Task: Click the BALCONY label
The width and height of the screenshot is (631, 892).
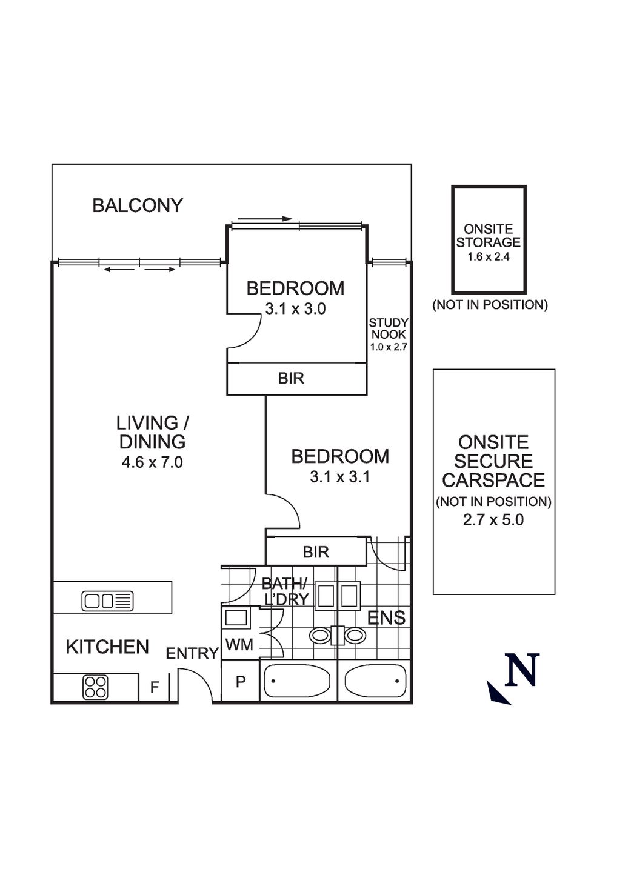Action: click(138, 206)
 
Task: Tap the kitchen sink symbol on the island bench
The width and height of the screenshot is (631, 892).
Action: click(107, 601)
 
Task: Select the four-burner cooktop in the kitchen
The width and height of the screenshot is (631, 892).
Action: click(96, 687)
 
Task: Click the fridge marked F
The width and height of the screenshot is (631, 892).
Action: click(155, 688)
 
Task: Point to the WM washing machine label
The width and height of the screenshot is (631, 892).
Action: click(239, 645)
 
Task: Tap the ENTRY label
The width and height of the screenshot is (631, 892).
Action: click(192, 653)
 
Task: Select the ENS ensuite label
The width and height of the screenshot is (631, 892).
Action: click(386, 618)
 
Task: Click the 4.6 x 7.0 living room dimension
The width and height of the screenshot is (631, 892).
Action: click(152, 462)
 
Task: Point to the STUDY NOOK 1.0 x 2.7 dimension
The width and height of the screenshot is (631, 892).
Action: click(389, 348)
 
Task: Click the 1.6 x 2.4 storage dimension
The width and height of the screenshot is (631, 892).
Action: click(489, 257)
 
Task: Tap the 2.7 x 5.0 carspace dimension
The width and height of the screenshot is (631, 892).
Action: click(493, 520)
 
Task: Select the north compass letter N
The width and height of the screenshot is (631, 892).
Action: click(522, 670)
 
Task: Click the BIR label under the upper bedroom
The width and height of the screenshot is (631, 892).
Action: click(291, 379)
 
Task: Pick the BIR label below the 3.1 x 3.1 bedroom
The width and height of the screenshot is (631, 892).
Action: click(316, 552)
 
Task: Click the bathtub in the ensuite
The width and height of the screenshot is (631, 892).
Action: click(374, 681)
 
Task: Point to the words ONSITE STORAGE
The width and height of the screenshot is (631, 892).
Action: click(489, 236)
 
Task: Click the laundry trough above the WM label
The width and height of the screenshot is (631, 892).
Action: click(236, 617)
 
